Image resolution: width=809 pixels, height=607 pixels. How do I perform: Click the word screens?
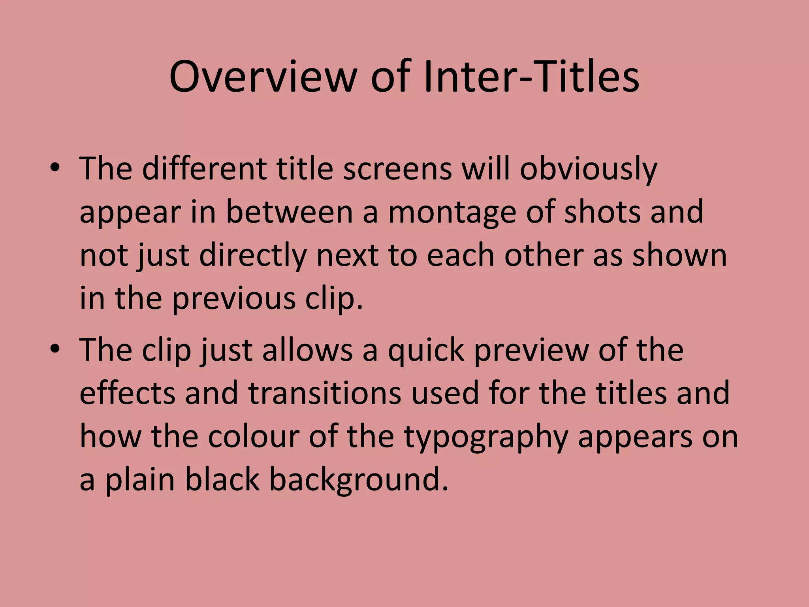pyautogui.click(x=397, y=169)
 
